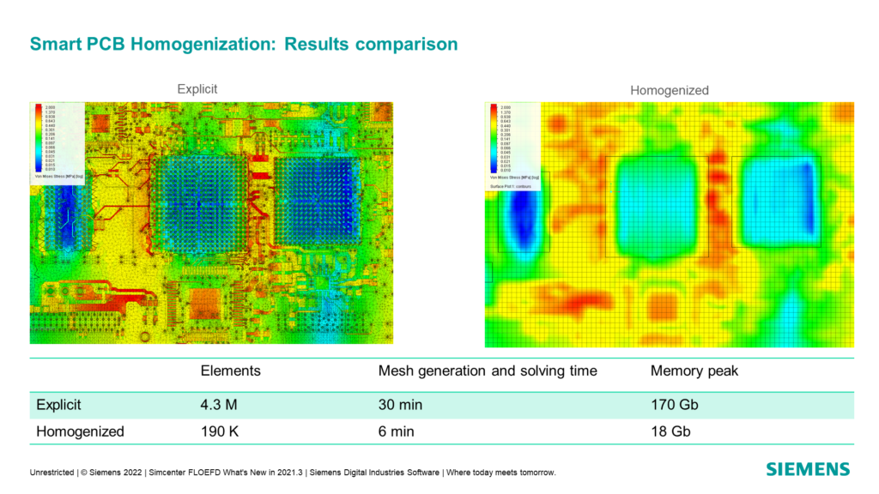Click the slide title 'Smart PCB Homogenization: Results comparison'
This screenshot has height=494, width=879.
point(244,44)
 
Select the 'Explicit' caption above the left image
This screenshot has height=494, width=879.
point(197,88)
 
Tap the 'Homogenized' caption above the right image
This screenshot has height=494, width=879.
point(670,90)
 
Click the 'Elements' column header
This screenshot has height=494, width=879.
point(230,371)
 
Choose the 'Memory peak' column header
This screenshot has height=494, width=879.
point(694,371)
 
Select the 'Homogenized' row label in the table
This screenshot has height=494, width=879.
point(80,431)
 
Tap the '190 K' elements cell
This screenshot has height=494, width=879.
point(220,431)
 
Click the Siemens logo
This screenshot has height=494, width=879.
point(808,469)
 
